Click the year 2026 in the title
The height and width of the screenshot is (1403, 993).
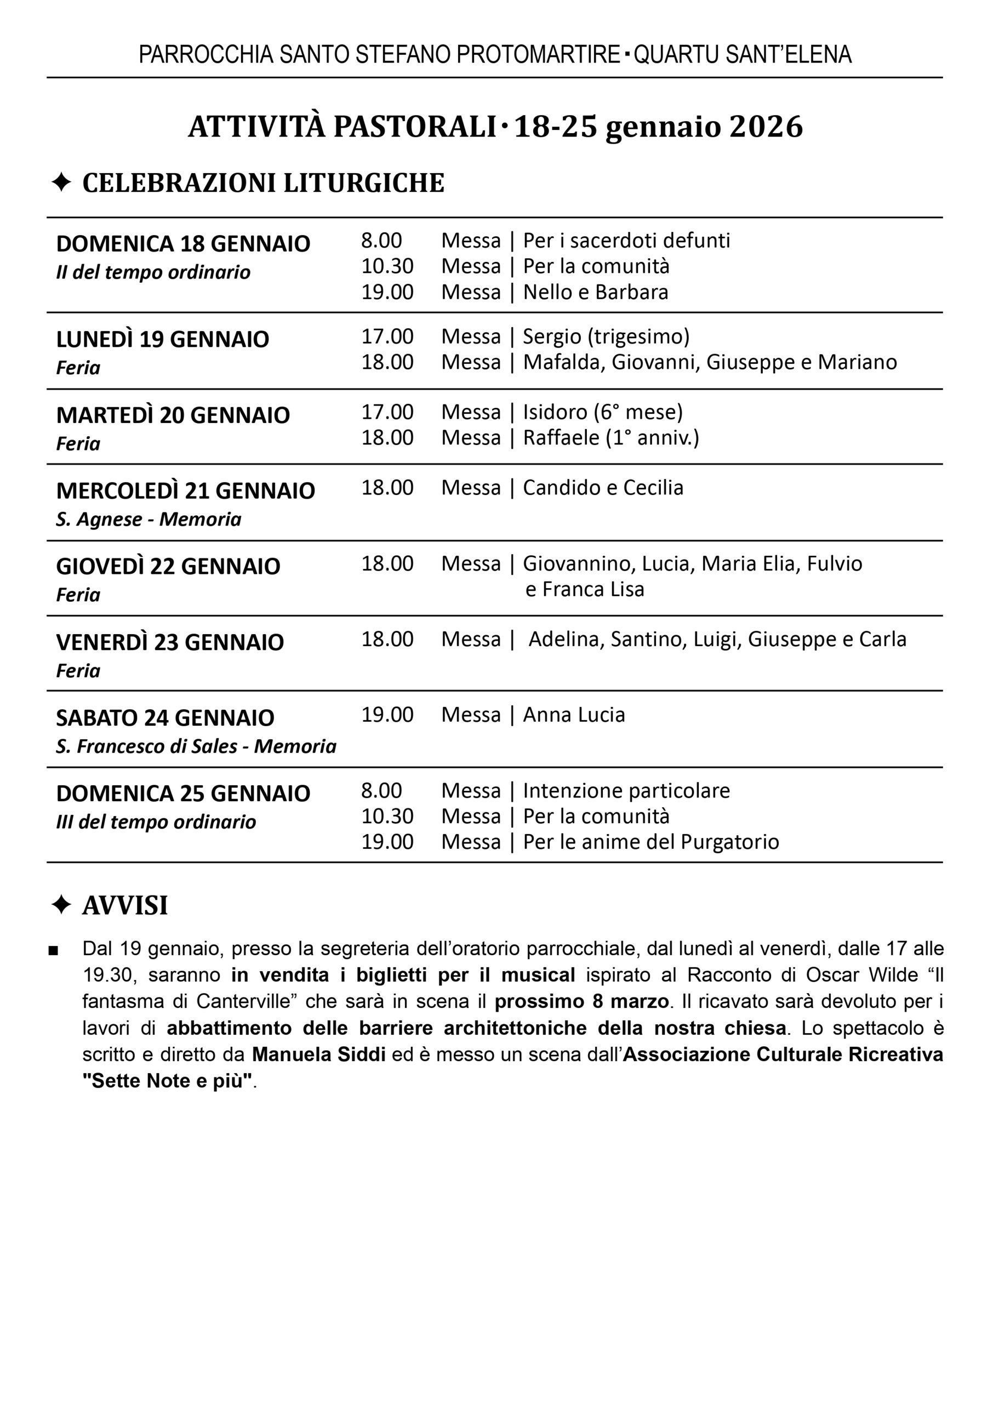point(766,127)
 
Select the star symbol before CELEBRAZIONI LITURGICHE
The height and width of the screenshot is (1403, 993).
point(61,182)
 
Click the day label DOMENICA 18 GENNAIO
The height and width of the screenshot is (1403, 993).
point(183,244)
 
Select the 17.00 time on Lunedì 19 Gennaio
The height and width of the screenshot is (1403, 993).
point(387,337)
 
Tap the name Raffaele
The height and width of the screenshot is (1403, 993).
point(561,438)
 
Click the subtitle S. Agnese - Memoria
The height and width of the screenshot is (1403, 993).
point(149,519)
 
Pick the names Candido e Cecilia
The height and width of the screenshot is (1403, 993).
point(603,488)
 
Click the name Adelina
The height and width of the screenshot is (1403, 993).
point(566,640)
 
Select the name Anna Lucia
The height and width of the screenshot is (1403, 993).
point(574,715)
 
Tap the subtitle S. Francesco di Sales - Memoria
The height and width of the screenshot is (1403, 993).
point(196,746)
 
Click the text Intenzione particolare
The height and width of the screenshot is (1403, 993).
point(626,791)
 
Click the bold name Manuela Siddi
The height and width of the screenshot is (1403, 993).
point(318,1054)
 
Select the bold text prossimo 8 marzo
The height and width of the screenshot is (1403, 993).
point(581,1002)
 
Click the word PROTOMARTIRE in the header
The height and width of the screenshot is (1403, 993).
point(539,55)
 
